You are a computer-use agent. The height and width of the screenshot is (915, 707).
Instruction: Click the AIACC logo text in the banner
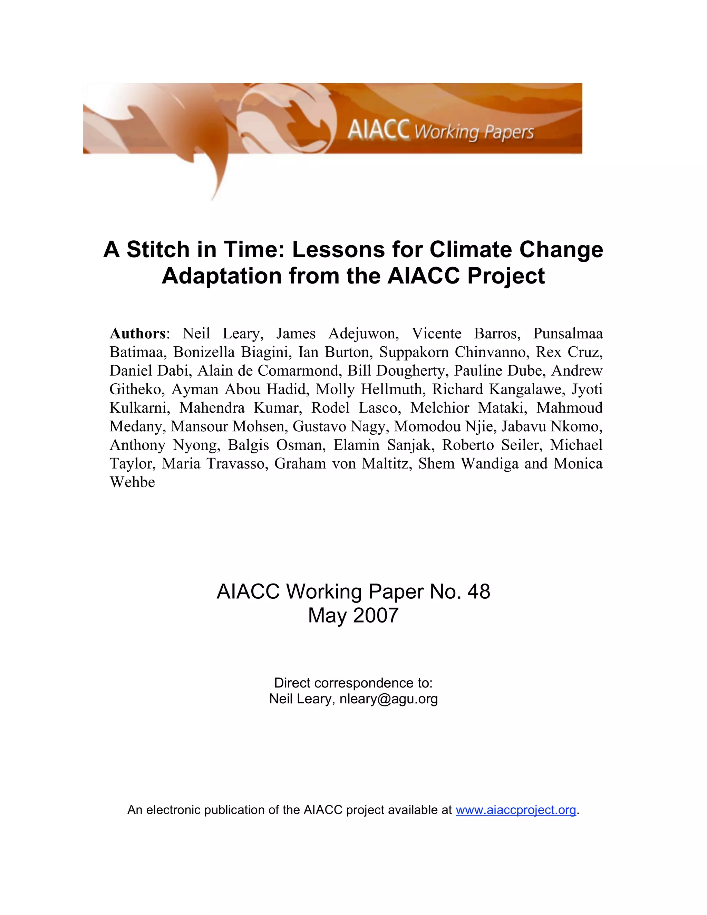(x=378, y=129)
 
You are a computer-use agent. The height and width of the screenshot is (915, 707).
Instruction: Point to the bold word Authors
(x=138, y=334)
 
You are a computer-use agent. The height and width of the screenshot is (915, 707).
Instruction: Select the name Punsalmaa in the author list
(x=568, y=334)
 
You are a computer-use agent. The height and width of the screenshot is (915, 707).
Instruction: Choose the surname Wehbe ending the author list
(x=132, y=482)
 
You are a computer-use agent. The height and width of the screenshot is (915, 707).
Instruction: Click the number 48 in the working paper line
(x=479, y=591)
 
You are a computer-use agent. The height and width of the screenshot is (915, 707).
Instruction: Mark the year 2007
(x=376, y=615)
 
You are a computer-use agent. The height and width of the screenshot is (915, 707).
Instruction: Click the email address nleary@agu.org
(x=389, y=699)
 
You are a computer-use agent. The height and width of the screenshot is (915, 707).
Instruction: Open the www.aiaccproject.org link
(x=516, y=810)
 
